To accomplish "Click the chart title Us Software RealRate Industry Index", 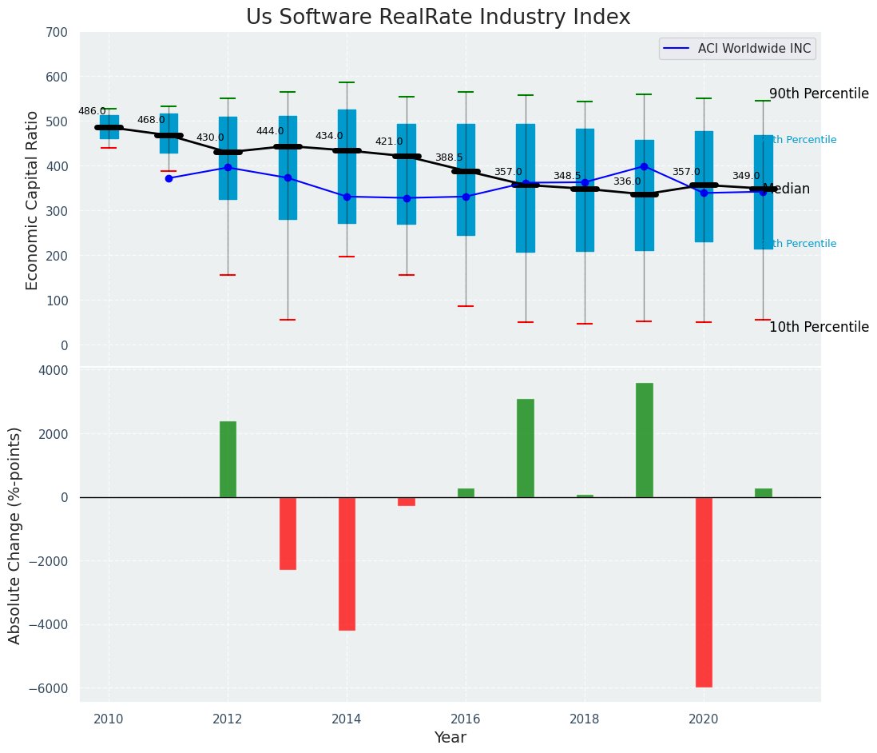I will (x=438, y=18).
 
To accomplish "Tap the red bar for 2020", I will (x=703, y=592).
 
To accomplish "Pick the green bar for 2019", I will (x=644, y=440).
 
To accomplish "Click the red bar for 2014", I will (x=347, y=564).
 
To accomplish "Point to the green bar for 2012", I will (x=228, y=459).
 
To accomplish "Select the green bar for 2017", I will (x=525, y=448).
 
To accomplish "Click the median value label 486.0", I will (x=92, y=112).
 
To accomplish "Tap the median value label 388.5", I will (x=449, y=158).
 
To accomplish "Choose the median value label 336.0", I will (x=627, y=182).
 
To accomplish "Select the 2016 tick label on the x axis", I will (x=466, y=719).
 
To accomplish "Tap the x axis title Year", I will (x=450, y=738).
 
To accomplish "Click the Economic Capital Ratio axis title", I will (x=33, y=200).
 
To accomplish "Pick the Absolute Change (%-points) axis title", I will (x=15, y=535).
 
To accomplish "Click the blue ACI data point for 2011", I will (x=169, y=178).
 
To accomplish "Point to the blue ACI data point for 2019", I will (x=644, y=166).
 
